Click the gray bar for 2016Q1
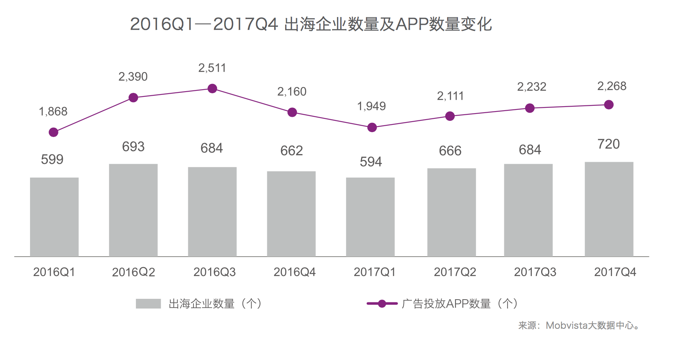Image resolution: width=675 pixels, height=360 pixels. coord(54,217)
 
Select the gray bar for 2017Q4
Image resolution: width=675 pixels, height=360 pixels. coord(609,209)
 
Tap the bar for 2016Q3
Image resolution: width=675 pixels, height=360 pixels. coord(212,212)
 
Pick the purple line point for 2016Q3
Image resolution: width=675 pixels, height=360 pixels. coord(212,88)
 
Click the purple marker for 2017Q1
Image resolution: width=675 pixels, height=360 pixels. coord(372,128)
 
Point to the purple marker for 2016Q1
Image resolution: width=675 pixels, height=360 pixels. coord(54,132)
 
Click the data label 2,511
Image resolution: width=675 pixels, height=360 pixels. coord(212,68)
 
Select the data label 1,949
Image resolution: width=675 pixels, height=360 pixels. coord(371,106)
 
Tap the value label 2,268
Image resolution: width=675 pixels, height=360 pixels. coord(612,86)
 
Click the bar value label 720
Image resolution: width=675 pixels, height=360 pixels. coord(608,144)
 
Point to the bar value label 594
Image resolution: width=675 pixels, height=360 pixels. coord(371,162)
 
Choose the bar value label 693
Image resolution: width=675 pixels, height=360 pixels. coord(133,147)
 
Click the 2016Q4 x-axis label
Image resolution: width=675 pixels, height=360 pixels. coord(295,272)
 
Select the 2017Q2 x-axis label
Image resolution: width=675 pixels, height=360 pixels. coord(455,272)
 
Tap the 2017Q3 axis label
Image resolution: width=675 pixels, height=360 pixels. coord(535,272)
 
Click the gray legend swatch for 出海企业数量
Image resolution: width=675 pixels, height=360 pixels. coord(148,304)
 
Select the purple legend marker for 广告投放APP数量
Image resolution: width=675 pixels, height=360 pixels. coord(382,304)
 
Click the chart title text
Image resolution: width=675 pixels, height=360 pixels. coord(311,24)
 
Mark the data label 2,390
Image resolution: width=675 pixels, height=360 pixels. coord(133,77)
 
